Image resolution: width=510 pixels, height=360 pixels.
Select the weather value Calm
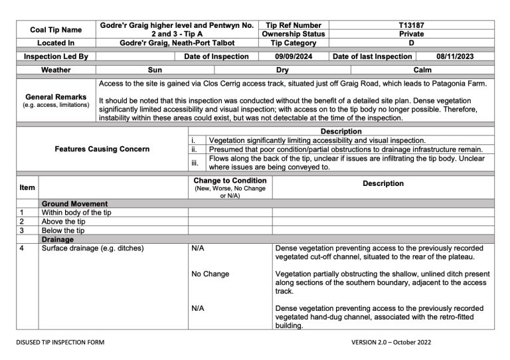422,69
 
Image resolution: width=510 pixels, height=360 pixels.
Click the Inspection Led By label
56,56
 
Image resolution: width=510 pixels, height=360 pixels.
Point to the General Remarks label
56,97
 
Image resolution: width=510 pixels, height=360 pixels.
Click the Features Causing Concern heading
102,149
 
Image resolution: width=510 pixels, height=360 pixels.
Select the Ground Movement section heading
74,203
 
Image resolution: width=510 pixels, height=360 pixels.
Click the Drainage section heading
57,239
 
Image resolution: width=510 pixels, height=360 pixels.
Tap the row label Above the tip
63,221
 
